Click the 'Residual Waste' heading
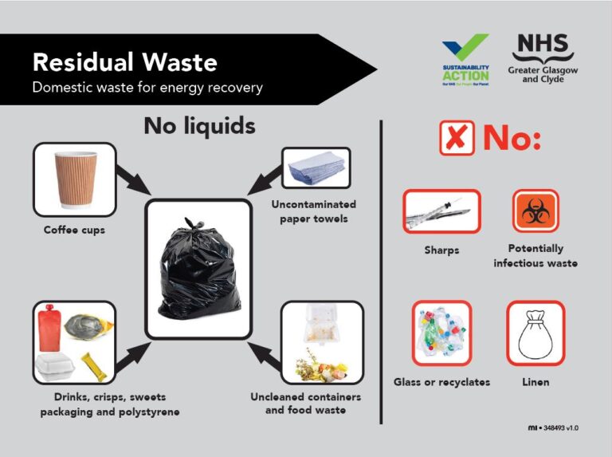pos(124,61)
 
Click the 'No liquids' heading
pos(199,125)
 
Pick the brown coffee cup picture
pos(74,179)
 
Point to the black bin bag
pos(198,267)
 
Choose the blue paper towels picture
pos(316,167)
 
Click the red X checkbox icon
pos(457,138)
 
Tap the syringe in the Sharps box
pos(441,211)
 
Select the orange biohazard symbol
pos(535,211)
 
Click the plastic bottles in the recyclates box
pos(441,333)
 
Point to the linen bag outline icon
pos(535,333)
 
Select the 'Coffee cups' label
pos(74,231)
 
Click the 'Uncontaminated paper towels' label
pos(313,211)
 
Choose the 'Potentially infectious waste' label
pos(535,255)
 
